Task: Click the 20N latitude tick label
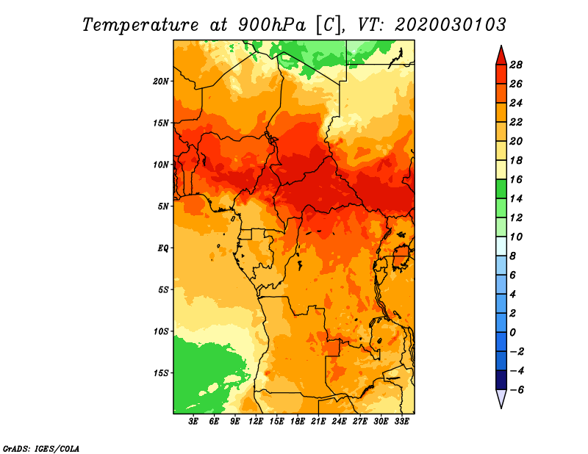161,82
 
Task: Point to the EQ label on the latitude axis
163,248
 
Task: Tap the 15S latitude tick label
161,373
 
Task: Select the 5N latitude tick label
163,206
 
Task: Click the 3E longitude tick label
193,421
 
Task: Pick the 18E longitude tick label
298,421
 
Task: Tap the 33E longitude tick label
401,421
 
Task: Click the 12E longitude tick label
256,421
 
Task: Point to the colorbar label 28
516,65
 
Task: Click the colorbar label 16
516,179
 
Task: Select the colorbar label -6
516,390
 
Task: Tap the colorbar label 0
512,333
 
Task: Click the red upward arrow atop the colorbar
501,55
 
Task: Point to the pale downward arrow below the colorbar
501,399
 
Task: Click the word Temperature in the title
140,25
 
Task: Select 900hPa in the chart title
272,25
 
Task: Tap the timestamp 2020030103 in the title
451,25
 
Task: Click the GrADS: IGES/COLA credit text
41,448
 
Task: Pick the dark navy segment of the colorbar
501,380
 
